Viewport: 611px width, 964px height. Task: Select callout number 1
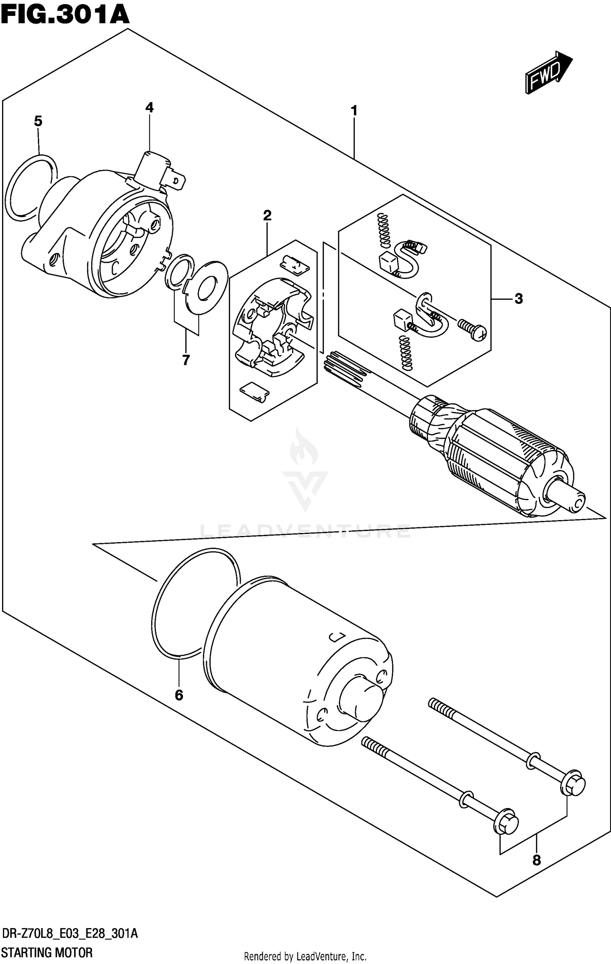tap(354, 110)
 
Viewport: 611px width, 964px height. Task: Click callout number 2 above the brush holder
tap(267, 215)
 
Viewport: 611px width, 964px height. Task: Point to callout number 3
tap(518, 299)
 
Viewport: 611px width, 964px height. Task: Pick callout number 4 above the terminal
tap(149, 108)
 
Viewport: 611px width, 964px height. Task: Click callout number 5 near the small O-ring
tap(38, 121)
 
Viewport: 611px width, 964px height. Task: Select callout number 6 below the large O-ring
tap(179, 695)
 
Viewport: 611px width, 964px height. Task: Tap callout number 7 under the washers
tap(186, 360)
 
